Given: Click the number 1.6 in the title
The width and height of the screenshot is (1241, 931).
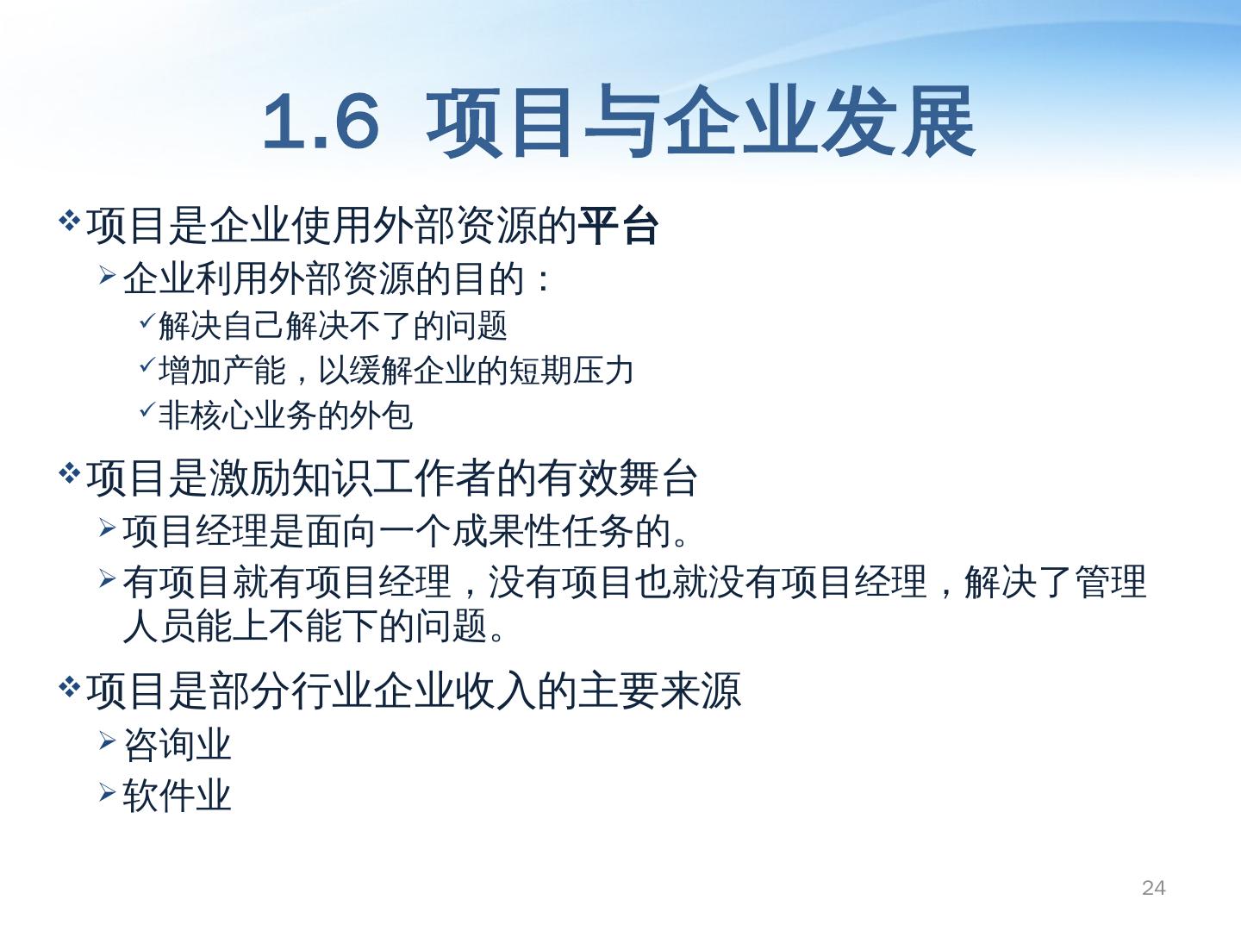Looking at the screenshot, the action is click(321, 122).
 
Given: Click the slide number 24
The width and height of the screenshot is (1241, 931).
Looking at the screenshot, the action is click(1153, 888).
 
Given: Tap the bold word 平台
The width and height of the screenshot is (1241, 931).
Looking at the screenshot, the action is click(617, 227).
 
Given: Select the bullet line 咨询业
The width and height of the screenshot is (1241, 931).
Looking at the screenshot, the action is click(177, 745).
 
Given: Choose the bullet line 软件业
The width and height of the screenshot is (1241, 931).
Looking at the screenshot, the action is click(177, 796).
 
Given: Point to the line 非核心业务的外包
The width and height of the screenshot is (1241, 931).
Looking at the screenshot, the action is click(285, 416).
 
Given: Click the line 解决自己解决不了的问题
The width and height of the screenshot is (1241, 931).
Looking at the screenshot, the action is click(333, 326).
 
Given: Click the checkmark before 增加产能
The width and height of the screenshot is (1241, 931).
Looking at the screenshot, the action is click(147, 366).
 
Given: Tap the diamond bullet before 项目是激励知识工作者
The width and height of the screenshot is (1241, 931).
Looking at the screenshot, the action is click(69, 472).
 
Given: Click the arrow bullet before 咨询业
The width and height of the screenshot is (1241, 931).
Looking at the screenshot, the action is click(108, 740).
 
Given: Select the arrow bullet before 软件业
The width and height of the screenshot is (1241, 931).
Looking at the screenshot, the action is click(108, 792).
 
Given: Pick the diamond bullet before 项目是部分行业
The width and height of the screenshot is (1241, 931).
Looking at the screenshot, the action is click(69, 687).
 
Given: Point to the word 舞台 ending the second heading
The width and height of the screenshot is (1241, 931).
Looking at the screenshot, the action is click(658, 478).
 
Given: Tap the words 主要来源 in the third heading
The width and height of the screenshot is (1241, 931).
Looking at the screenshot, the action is click(659, 690).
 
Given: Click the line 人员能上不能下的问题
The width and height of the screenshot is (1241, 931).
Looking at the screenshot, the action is click(315, 626).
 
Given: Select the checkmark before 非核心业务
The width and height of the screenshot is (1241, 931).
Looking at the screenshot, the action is click(147, 409).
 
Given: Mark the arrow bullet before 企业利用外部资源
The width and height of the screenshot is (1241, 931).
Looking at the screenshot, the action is click(108, 275).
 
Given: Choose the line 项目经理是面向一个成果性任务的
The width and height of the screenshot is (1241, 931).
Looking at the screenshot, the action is click(405, 532).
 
